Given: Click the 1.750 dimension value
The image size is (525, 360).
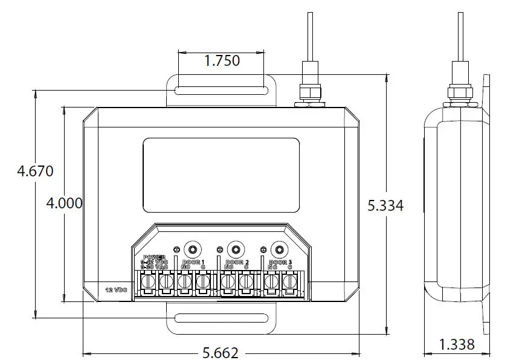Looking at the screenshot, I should pyautogui.click(x=222, y=60).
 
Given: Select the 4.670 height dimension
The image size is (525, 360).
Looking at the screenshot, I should pyautogui.click(x=35, y=171).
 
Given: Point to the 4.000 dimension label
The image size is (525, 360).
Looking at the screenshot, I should pyautogui.click(x=65, y=203).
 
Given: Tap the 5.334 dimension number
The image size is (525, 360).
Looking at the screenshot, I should pyautogui.click(x=385, y=205).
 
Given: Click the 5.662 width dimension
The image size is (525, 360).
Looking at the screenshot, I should pyautogui.click(x=221, y=352).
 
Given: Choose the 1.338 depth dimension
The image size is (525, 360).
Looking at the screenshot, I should pyautogui.click(x=456, y=344).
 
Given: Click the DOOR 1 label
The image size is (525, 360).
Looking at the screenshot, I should pyautogui.click(x=193, y=262).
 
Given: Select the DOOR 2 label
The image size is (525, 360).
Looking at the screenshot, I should pyautogui.click(x=237, y=262).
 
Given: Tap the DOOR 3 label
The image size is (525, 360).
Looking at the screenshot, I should pyautogui.click(x=280, y=262).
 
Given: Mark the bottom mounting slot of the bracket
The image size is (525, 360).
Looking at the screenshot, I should pyautogui.click(x=221, y=318).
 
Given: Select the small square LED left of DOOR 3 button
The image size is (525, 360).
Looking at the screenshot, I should pyautogui.click(x=263, y=249).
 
